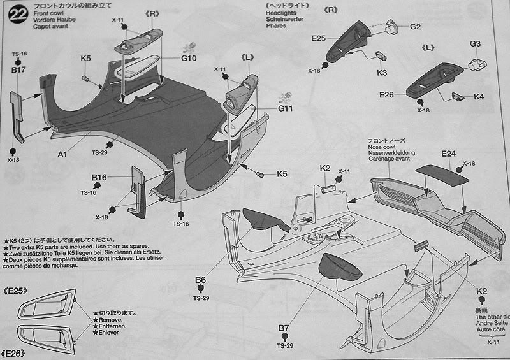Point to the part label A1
62,154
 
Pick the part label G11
285,108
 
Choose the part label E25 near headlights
319,39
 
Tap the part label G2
415,27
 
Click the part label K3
382,73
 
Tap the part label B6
201,280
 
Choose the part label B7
284,328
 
